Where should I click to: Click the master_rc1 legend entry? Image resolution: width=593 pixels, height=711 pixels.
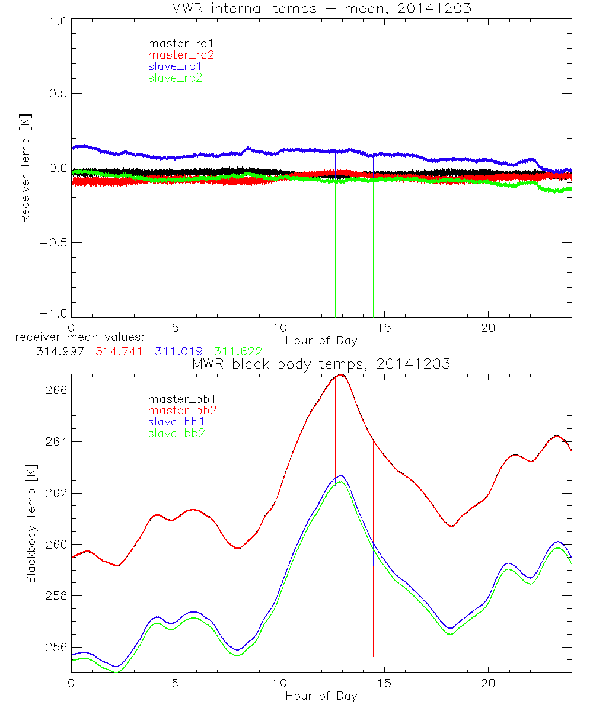point(175,43)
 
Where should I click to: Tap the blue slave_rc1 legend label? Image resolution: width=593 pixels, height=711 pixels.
point(175,66)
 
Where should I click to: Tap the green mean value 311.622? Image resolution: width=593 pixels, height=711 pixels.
point(238,351)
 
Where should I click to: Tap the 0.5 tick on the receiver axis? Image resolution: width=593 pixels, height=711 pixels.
point(58,94)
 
